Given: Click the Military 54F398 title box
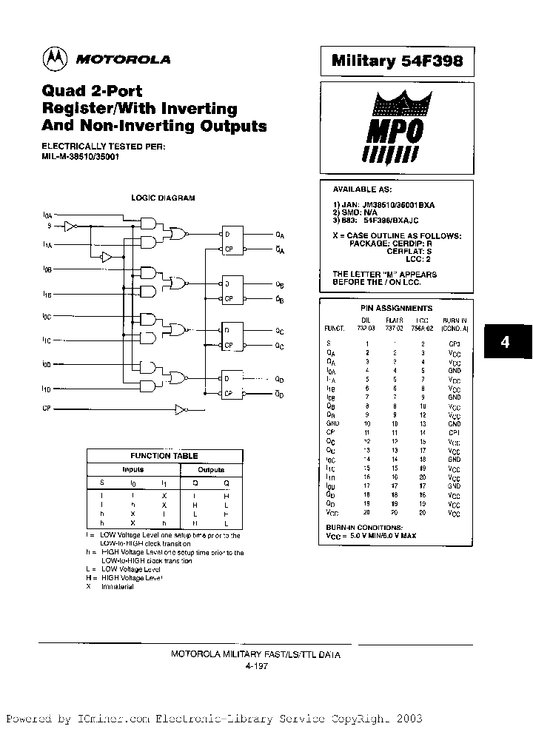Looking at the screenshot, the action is coord(397,61).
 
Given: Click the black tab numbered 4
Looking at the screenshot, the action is coord(505,343).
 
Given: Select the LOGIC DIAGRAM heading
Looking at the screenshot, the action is coord(164,198).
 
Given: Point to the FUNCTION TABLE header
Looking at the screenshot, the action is coord(164,456).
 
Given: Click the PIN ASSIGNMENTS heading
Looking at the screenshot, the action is coord(397,308).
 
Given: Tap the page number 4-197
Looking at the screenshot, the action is coord(256,666).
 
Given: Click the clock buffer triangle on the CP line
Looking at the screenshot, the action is coord(181,409).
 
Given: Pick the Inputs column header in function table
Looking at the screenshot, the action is coord(133,469).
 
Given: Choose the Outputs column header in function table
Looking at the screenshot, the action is coord(211,469).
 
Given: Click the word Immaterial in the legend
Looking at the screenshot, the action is coord(118,587).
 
